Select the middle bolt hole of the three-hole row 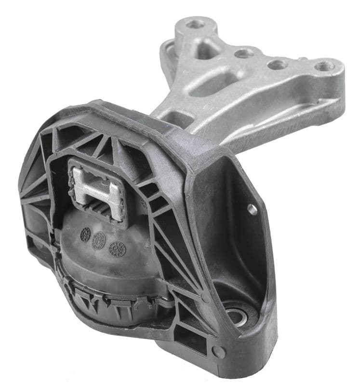point(278,64)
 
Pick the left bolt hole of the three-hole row point(244,53)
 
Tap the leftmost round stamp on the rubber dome point(85,234)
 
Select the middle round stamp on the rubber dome point(99,239)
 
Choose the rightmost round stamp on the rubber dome point(117,248)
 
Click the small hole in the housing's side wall point(252,209)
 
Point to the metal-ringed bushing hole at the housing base point(237,316)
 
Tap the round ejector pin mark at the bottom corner point(218,351)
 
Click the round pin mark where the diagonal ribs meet point(206,298)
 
